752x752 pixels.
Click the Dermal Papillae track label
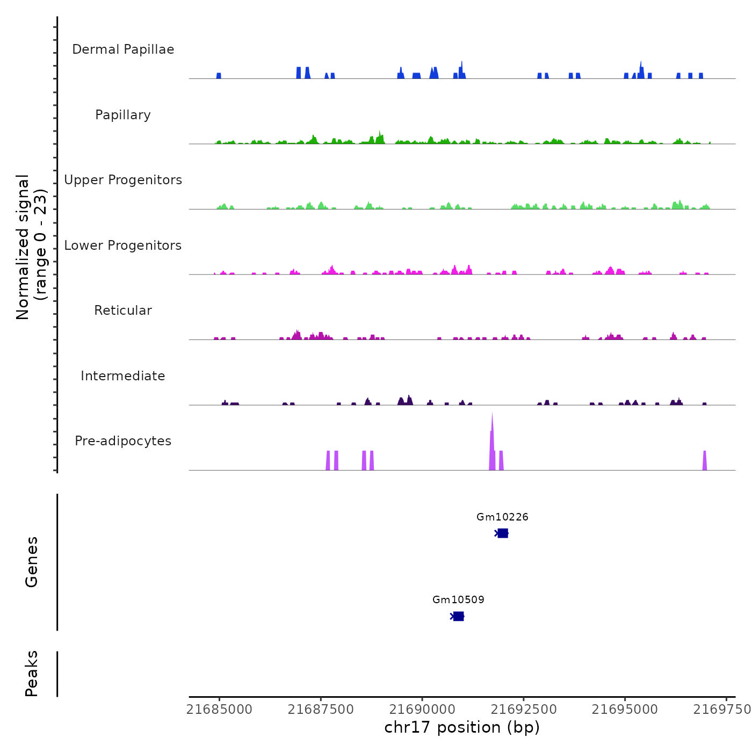pos(123,49)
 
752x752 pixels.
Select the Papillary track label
pos(123,115)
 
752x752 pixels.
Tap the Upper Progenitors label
pos(123,180)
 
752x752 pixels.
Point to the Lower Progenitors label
pos(123,245)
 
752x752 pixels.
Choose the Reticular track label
pos(123,310)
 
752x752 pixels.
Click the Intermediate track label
pos(123,376)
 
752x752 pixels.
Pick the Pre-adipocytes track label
pos(123,441)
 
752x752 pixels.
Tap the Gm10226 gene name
pos(502,517)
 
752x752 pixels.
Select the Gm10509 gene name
pos(458,600)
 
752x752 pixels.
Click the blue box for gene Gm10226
pos(503,533)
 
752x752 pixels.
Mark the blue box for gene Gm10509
pos(458,616)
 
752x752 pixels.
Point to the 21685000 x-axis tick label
pos(219,710)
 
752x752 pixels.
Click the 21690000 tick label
pos(422,710)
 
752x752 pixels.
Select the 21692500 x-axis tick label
pos(524,710)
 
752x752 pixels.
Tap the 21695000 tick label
pos(625,710)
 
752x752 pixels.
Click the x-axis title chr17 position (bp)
pos(462,727)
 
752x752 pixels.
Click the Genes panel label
pos(32,562)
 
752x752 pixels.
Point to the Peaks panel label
pos(32,674)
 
